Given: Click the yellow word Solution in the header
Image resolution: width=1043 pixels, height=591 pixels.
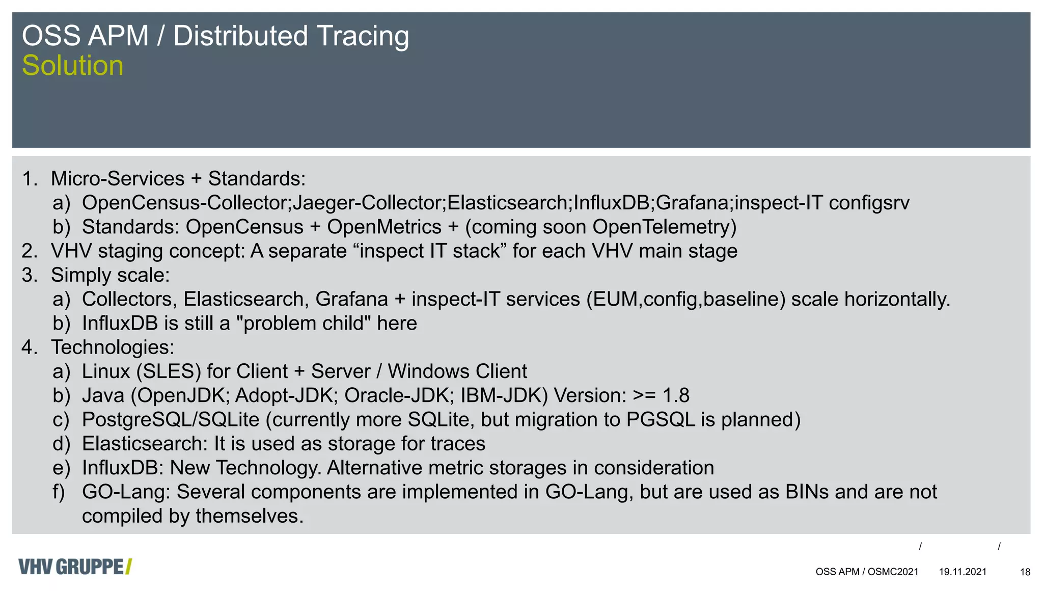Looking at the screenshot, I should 72,66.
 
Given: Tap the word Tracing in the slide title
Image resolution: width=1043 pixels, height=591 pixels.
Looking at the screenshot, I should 362,36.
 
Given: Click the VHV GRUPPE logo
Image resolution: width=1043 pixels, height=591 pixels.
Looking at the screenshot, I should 75,567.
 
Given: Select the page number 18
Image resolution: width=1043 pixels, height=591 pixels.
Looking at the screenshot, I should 1025,572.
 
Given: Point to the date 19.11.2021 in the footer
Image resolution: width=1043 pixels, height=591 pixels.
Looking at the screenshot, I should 963,572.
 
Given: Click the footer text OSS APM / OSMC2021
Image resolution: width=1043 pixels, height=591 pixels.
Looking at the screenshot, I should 867,572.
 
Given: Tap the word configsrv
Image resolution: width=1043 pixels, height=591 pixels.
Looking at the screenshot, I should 869,203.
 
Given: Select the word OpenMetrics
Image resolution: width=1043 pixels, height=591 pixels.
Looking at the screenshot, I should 384,227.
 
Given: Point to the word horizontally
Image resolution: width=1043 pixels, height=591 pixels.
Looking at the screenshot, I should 897,300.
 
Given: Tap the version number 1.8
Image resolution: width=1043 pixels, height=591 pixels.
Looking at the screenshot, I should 676,396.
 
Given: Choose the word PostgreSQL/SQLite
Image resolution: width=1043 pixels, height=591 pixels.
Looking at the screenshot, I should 171,420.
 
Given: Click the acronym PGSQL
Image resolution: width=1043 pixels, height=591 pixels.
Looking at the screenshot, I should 661,420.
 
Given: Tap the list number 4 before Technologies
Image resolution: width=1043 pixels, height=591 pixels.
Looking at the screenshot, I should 29,347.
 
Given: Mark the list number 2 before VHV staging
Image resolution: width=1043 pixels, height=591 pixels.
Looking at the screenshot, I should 29,251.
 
